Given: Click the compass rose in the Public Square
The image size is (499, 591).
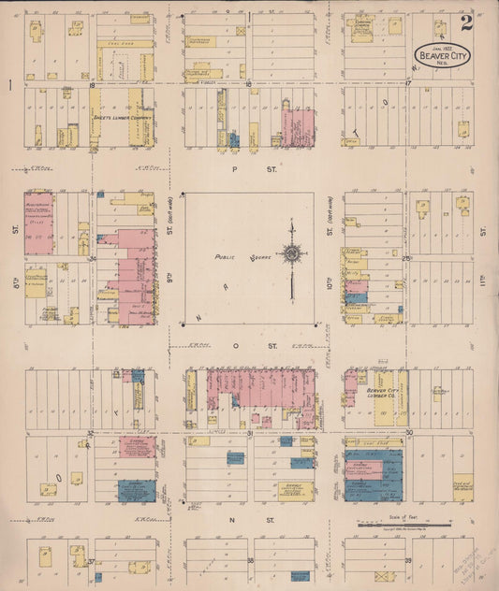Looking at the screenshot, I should [x=292, y=253].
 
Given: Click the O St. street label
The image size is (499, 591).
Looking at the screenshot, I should [x=248, y=345].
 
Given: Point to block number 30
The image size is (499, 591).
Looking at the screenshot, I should [x=410, y=432].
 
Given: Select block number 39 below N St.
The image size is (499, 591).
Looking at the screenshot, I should [x=409, y=561].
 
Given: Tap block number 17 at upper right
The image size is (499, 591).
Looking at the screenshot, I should [x=410, y=84].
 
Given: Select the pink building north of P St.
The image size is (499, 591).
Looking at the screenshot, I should [x=298, y=128].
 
